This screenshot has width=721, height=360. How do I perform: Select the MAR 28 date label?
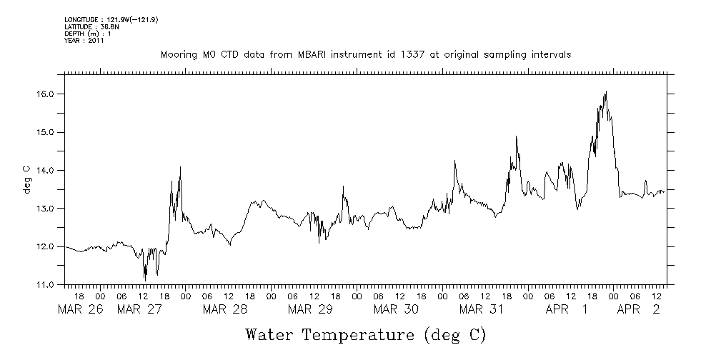click(x=225, y=309)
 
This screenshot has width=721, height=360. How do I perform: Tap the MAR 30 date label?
click(x=397, y=309)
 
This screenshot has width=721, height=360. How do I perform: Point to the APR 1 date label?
click(x=566, y=309)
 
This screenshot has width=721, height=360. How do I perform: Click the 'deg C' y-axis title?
click(x=27, y=179)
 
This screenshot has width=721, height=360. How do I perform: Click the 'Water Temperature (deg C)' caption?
click(x=365, y=334)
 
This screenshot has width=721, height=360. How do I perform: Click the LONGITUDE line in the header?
click(x=111, y=19)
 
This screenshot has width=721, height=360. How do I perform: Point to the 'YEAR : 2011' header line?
click(x=85, y=41)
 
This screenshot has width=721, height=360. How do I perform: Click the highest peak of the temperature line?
click(x=606, y=91)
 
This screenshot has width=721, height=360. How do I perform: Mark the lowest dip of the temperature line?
click(x=145, y=280)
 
